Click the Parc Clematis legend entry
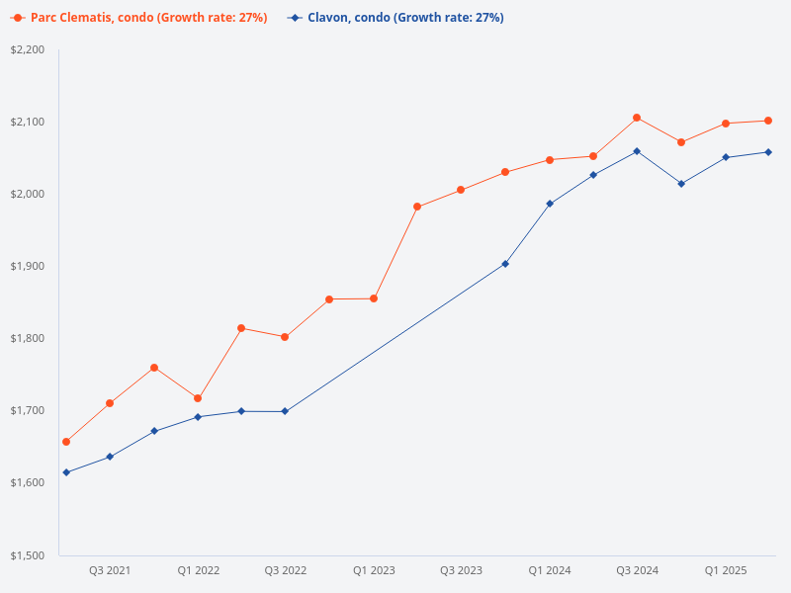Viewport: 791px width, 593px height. tap(138, 18)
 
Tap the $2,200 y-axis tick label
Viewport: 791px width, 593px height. tap(28, 49)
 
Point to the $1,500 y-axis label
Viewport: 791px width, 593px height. tap(28, 555)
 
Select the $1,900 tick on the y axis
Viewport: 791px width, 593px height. tap(28, 266)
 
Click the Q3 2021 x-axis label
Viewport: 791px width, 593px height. tap(110, 571)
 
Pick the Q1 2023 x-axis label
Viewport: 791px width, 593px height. tap(374, 571)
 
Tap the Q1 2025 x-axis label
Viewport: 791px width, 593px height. tap(726, 571)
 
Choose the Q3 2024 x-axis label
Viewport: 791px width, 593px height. tap(637, 571)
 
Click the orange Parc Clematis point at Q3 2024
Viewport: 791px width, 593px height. tap(637, 118)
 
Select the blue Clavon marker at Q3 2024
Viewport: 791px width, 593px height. tap(637, 151)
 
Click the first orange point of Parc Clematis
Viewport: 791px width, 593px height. tap(66, 442)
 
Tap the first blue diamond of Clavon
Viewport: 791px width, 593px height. tap(66, 472)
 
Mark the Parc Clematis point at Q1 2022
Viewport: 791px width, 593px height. tap(198, 398)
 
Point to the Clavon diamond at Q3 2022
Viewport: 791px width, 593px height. tap(285, 411)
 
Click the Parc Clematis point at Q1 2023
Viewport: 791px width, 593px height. tap(374, 298)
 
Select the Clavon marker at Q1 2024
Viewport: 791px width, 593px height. tap(550, 204)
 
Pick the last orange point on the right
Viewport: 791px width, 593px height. tap(768, 121)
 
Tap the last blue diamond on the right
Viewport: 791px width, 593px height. tap(768, 152)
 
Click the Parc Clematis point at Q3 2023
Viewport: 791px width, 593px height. tap(461, 190)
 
